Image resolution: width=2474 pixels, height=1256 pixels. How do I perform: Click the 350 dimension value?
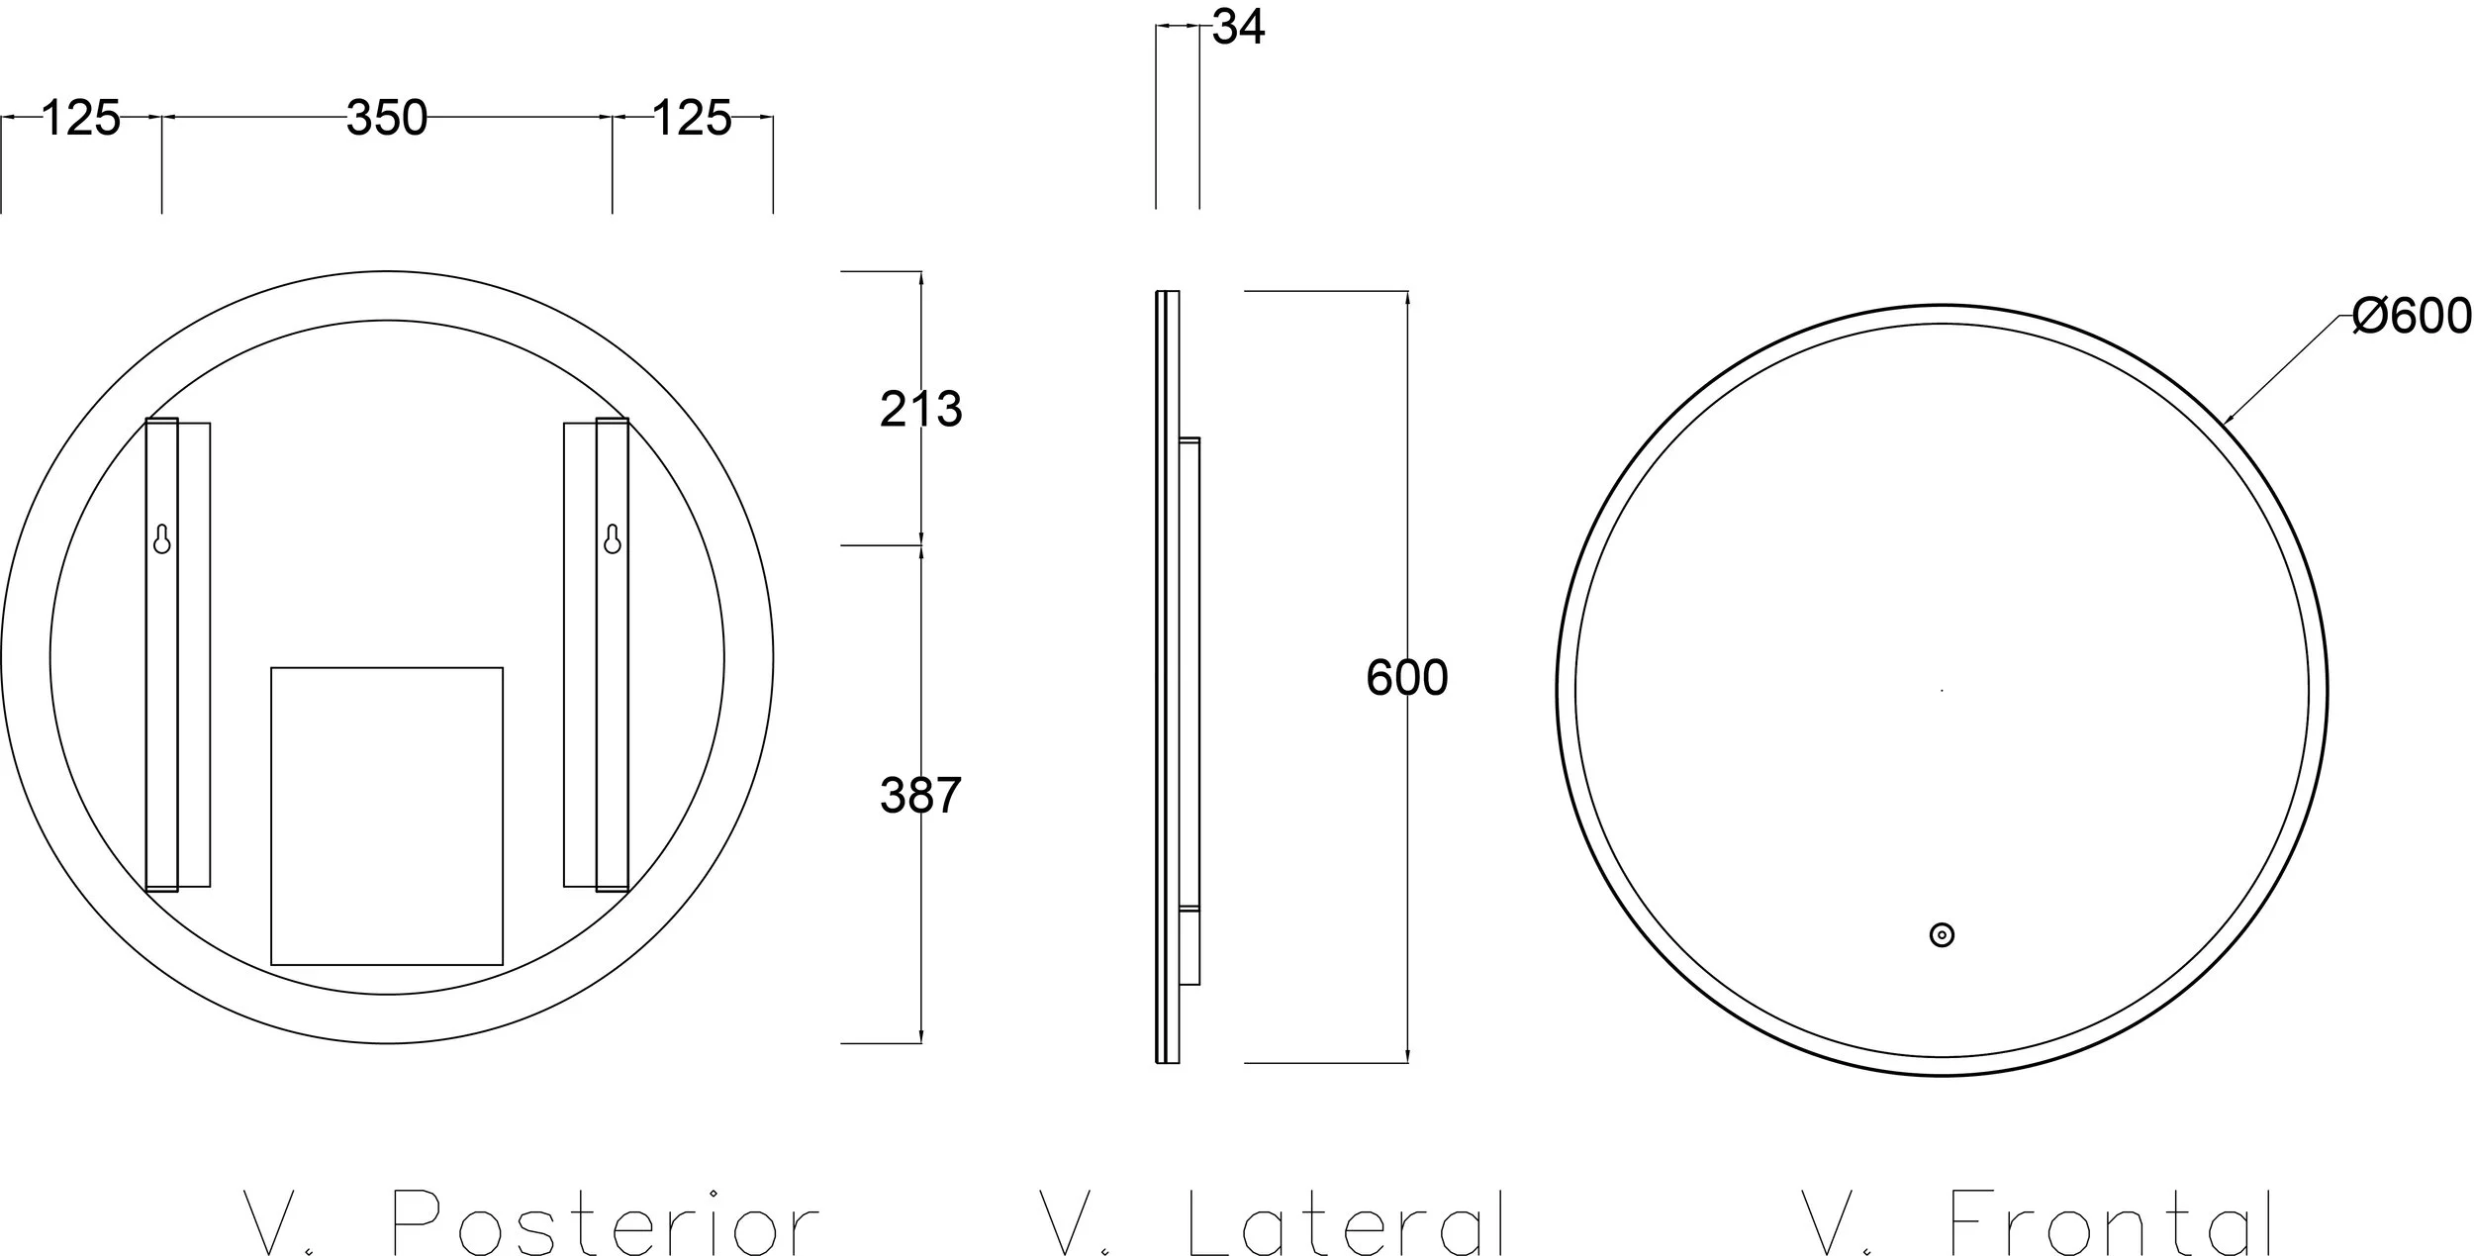point(387,118)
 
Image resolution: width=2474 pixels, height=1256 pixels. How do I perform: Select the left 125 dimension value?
point(81,118)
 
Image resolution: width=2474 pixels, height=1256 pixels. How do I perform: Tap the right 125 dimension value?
point(692,118)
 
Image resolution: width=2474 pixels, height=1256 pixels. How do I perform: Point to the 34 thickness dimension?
point(1239,27)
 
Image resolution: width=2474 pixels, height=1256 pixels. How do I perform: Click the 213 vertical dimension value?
point(920,409)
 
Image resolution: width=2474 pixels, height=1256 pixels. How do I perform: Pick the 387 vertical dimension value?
point(920,796)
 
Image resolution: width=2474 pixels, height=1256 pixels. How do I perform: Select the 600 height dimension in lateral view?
point(1407,678)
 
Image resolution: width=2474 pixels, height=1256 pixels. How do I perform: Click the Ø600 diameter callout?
point(2412,317)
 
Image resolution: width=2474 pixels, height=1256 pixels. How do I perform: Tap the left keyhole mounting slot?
point(162,538)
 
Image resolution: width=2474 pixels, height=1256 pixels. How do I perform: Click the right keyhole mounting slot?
point(613,538)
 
